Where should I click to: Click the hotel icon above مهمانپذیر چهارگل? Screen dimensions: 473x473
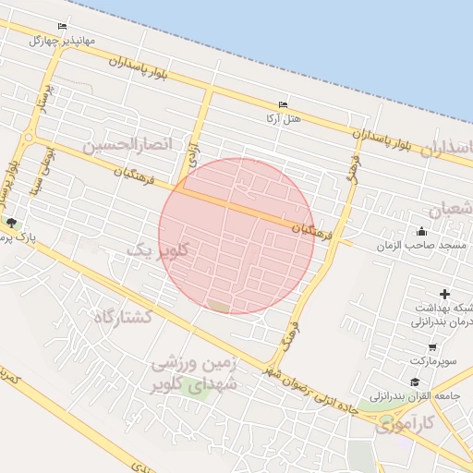[x=62, y=26]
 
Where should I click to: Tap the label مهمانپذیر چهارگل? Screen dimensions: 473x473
[x=62, y=41]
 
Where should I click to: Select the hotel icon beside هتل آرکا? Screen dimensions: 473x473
[x=283, y=104]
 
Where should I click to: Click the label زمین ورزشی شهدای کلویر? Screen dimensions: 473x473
[x=196, y=374]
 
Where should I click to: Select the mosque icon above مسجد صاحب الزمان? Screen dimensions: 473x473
[x=422, y=231]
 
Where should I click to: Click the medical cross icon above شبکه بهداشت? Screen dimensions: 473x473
[x=444, y=294]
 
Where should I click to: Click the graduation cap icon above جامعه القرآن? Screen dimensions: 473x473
[x=415, y=382]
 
